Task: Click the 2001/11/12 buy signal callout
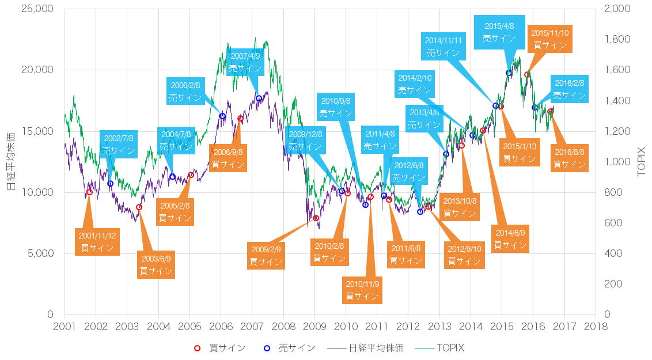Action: point(97,241)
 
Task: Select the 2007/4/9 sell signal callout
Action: point(245,62)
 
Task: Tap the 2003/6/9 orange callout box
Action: point(156,264)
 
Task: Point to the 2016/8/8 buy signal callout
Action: point(569,158)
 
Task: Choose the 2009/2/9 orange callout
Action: point(266,255)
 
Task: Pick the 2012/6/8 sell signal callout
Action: point(408,172)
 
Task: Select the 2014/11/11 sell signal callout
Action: point(443,46)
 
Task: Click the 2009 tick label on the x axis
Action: point(314,327)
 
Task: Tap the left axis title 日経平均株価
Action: point(10,162)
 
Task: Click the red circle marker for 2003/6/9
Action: point(139,207)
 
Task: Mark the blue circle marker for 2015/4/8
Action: point(509,73)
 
